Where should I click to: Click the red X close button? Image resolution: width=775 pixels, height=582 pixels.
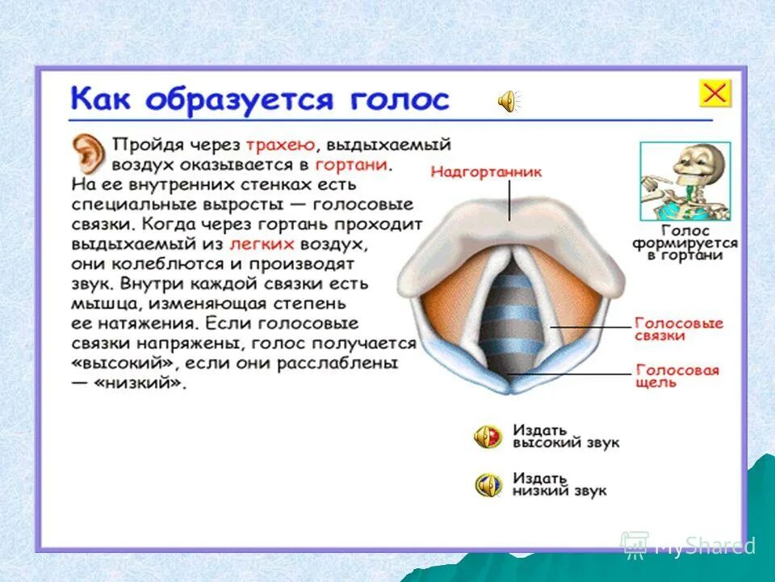click(x=714, y=93)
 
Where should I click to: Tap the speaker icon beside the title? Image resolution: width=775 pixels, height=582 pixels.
click(x=508, y=102)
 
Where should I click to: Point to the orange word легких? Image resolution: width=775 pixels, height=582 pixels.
click(x=263, y=243)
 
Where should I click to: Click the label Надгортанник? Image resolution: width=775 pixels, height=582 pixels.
click(x=486, y=172)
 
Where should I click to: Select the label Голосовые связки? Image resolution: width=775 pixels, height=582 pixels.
click(x=677, y=329)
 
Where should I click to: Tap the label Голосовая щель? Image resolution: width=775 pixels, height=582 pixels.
click(x=676, y=377)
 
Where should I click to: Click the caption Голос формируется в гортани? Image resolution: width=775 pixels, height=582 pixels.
click(x=684, y=242)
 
